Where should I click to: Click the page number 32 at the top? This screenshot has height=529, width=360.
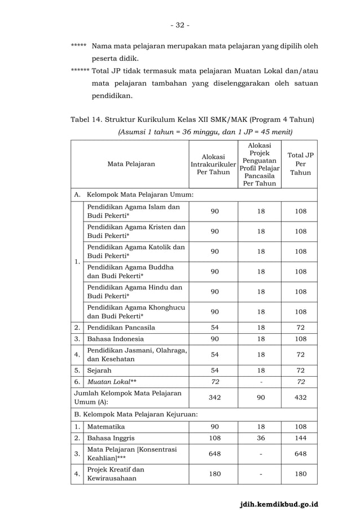click(x=180, y=25)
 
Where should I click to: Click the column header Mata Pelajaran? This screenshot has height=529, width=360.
click(x=131, y=164)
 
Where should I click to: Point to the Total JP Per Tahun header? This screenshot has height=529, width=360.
click(x=300, y=164)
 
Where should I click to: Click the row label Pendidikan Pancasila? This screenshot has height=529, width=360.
click(x=121, y=328)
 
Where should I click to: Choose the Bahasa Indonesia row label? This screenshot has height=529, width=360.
click(x=115, y=339)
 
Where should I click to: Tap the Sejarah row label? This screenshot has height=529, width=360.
click(x=99, y=371)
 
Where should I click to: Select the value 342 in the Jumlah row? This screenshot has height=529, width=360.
click(x=214, y=398)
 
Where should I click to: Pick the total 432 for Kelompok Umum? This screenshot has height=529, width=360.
click(x=301, y=398)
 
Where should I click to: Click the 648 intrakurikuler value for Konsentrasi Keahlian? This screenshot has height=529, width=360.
click(x=214, y=454)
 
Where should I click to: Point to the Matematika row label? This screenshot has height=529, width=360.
click(x=106, y=427)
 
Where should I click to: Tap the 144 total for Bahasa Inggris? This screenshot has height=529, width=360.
click(x=301, y=438)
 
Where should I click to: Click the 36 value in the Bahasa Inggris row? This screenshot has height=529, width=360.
click(x=260, y=438)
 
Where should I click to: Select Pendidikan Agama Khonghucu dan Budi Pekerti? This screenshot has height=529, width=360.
click(x=135, y=312)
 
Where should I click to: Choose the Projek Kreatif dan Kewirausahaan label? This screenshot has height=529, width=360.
click(x=116, y=474)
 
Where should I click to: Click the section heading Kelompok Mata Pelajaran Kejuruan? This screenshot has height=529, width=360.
click(x=136, y=415)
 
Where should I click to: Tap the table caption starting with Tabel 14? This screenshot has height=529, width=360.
click(x=192, y=120)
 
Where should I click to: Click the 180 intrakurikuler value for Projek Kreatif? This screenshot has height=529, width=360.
click(x=214, y=474)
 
